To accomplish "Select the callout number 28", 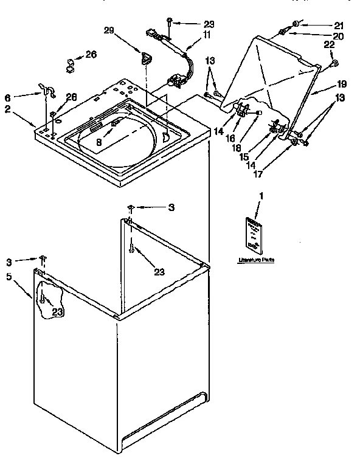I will [x=71, y=97].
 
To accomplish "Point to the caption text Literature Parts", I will [x=255, y=260].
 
